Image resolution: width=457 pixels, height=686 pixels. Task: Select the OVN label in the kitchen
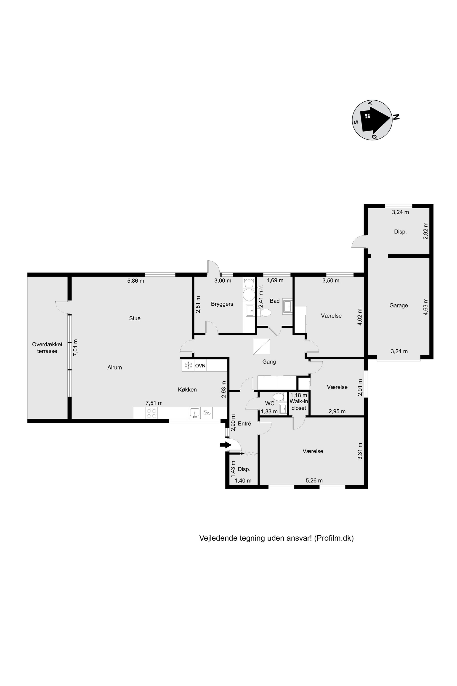(x=200, y=365)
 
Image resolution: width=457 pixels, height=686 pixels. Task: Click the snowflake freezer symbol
(x=188, y=365)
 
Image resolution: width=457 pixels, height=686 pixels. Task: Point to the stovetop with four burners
(x=151, y=413)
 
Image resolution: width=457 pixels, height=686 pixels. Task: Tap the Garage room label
(x=399, y=305)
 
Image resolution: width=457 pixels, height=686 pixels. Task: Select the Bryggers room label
(x=222, y=304)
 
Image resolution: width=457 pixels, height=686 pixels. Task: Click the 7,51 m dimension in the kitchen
(x=154, y=403)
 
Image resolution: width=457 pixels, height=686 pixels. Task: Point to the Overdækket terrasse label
(x=47, y=348)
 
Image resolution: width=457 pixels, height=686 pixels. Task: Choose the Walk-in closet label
(x=299, y=405)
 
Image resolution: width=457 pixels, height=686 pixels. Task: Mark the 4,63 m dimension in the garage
(x=426, y=307)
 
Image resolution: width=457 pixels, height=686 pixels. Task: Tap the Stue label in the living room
(x=135, y=318)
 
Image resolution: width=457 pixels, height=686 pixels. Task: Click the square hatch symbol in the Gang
(x=261, y=347)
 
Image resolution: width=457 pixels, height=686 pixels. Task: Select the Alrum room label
(x=114, y=367)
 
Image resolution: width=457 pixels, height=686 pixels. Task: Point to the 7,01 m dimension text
(x=75, y=347)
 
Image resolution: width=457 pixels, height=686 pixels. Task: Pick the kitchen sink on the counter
(x=194, y=413)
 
